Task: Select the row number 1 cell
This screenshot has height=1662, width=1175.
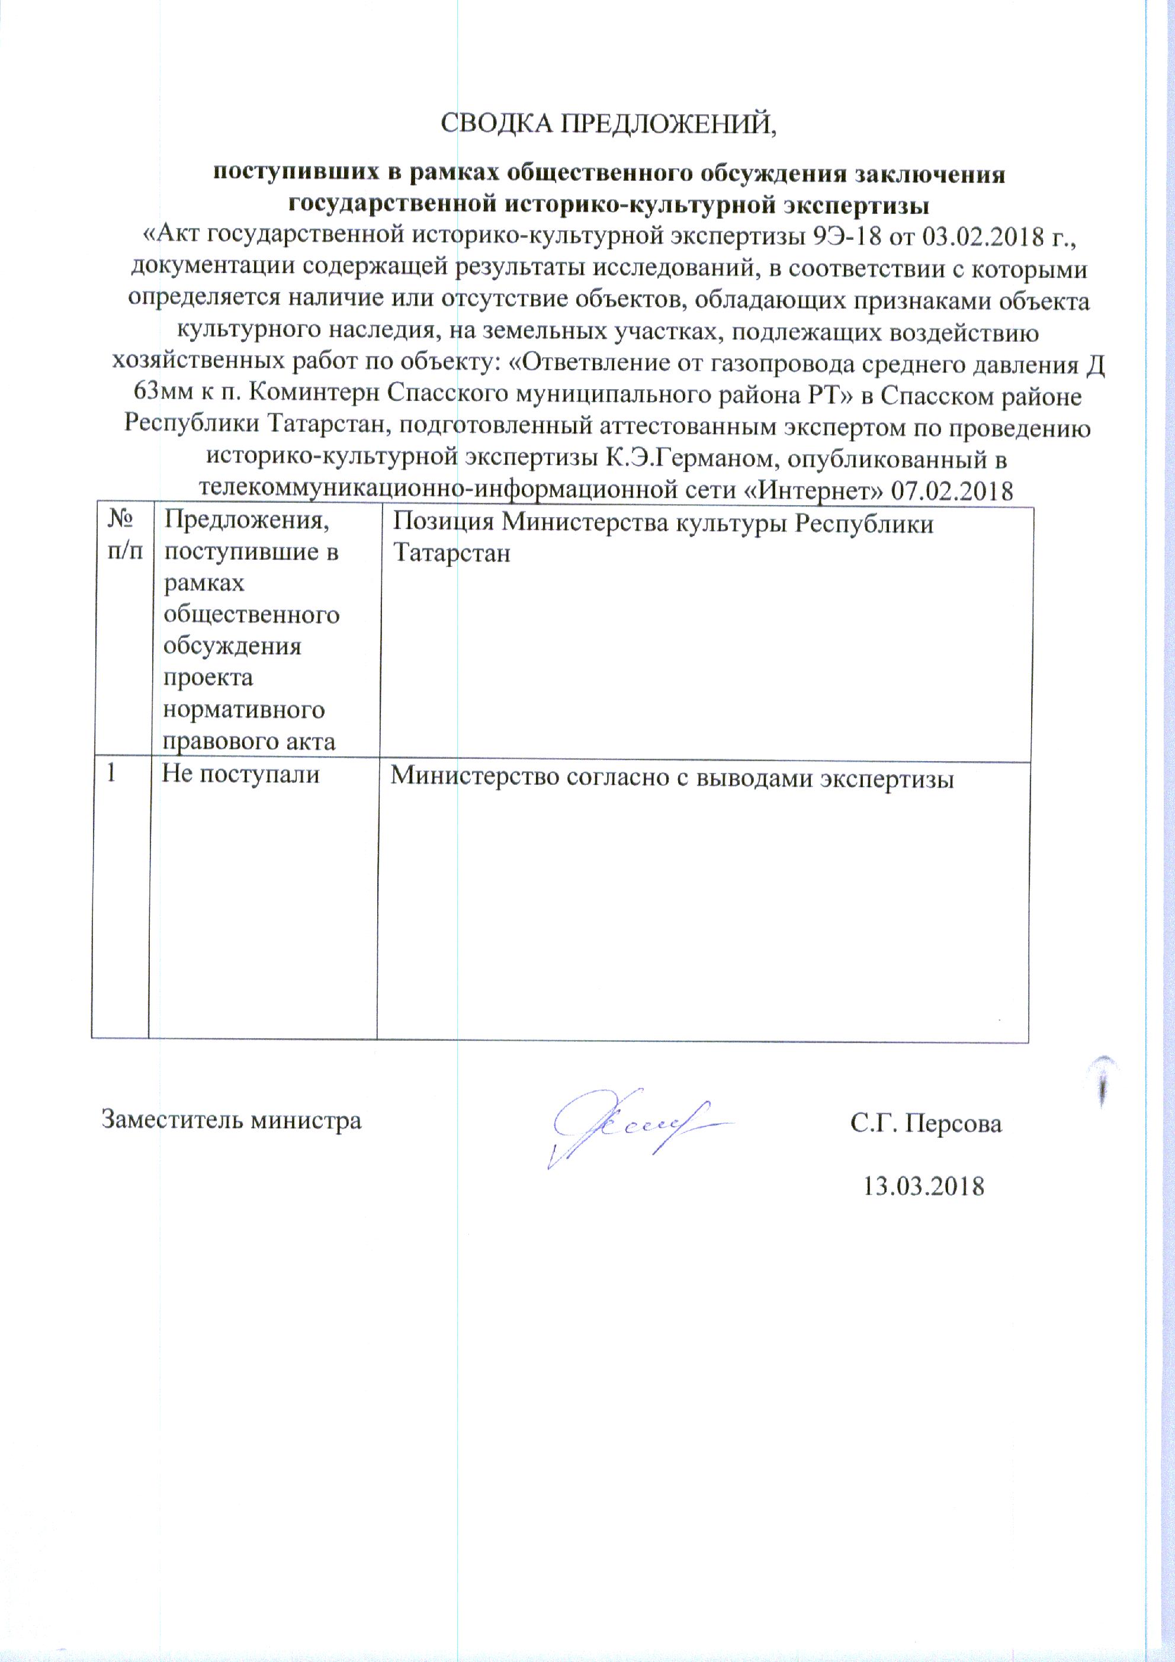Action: pos(111,772)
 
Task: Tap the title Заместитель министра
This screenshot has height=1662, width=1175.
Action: pos(231,1120)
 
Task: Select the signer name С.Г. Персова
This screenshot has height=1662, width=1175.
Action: pos(926,1123)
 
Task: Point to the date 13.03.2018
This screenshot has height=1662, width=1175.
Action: pos(924,1186)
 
